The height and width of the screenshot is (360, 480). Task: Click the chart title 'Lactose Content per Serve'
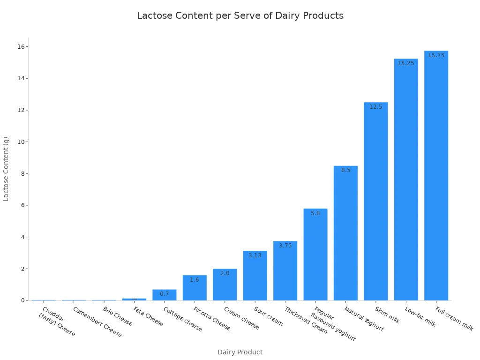[240, 15]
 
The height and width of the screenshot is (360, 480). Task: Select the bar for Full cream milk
[436, 178]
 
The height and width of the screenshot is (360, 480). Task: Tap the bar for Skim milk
[375, 202]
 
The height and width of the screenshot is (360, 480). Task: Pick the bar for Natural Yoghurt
[345, 234]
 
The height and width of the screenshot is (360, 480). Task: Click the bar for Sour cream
[255, 277]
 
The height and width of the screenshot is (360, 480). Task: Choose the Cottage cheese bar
[165, 295]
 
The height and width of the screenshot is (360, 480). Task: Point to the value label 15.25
[406, 63]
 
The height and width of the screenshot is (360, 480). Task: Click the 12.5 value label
[375, 107]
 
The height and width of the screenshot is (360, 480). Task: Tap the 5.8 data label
[315, 213]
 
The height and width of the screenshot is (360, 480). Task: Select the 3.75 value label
[285, 246]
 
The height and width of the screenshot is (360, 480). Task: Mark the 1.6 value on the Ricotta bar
[195, 280]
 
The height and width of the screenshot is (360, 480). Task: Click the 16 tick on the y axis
[22, 47]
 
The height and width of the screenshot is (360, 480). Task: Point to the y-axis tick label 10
[22, 142]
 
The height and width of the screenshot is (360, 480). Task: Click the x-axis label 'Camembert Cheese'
[97, 322]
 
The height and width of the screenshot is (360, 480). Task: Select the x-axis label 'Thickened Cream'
[306, 320]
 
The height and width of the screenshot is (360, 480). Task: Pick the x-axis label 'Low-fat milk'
[420, 317]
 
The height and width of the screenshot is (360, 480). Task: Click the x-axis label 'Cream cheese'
[241, 318]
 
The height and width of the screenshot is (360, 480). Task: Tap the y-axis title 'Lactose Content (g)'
[6, 169]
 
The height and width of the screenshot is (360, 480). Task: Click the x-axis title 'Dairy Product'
[240, 352]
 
